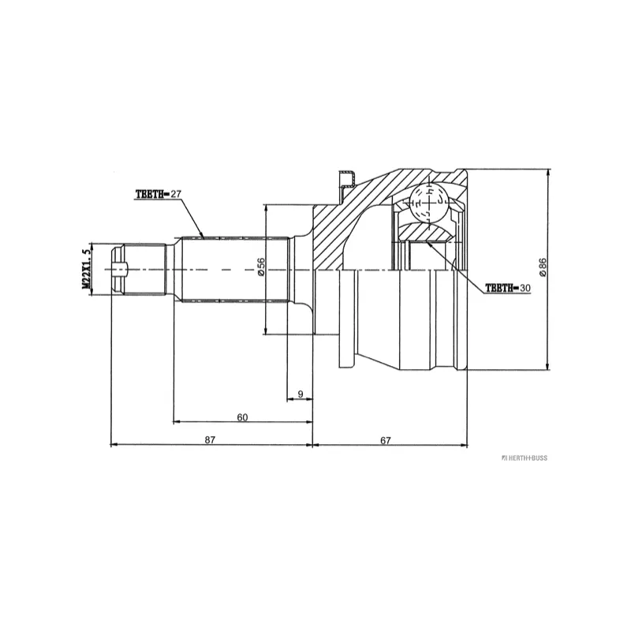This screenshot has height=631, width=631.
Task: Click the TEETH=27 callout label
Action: tap(159, 194)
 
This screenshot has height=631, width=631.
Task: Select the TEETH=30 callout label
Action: tap(507, 289)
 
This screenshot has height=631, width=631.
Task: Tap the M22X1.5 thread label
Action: tap(86, 270)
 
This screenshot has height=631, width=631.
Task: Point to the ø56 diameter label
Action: tap(259, 270)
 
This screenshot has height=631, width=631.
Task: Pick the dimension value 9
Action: tap(301, 393)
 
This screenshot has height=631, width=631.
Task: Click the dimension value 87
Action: tap(211, 440)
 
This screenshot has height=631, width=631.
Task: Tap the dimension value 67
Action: tap(386, 440)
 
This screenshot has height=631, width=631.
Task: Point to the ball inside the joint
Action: tap(427, 203)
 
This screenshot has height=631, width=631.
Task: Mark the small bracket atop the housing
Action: tap(345, 180)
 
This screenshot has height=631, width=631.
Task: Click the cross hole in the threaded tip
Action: tap(118, 270)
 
